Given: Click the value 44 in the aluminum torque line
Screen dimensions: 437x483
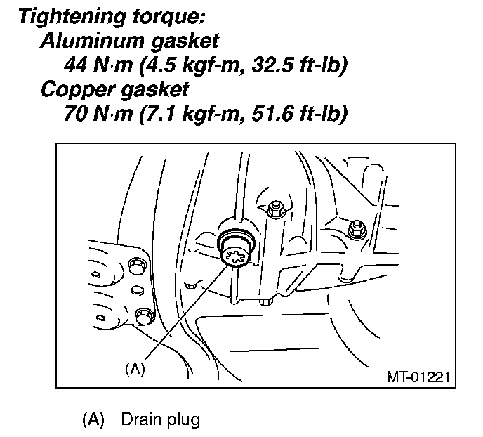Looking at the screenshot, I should pyautogui.click(x=75, y=65).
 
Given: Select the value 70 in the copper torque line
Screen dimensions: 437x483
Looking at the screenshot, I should pyautogui.click(x=75, y=114).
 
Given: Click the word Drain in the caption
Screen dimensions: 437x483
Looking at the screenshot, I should pyautogui.click(x=139, y=420).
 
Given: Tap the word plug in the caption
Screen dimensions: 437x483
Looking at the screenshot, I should pyautogui.click(x=183, y=421).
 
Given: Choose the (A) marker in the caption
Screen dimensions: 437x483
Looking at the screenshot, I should pyautogui.click(x=93, y=420).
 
